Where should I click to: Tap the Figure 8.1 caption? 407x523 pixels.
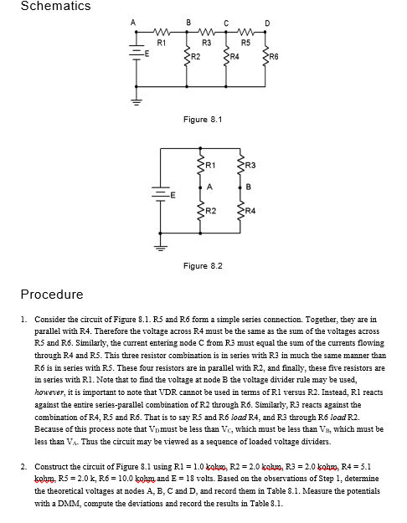coord(202,120)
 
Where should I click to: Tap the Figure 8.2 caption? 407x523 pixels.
coord(202,265)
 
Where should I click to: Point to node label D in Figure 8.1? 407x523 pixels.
coord(266,23)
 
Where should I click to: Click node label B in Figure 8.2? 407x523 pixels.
coord(249,187)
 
